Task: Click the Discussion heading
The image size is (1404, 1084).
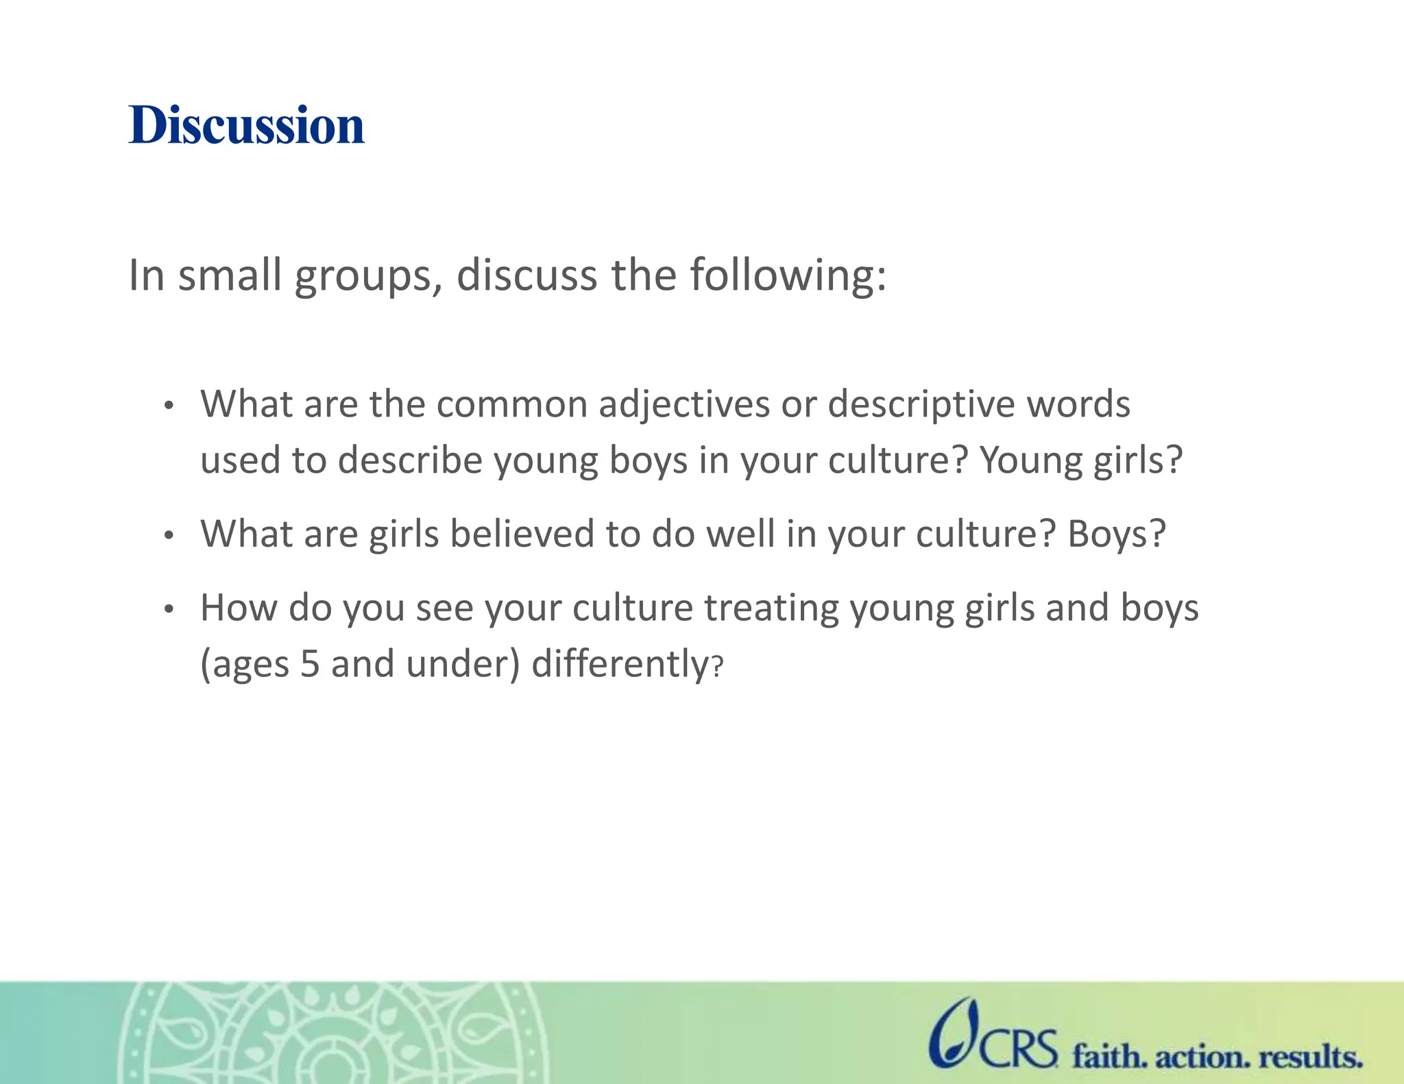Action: coord(246,126)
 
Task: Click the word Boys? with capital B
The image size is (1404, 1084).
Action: coord(1116,534)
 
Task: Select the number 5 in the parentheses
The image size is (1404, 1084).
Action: coord(310,665)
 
